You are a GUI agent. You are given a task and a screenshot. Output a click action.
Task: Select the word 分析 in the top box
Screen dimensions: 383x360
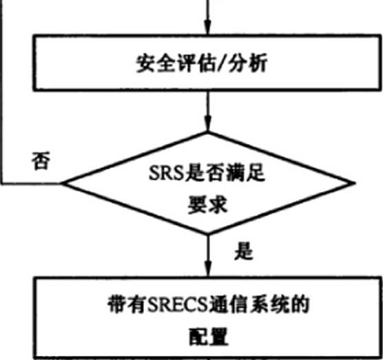[x=247, y=63]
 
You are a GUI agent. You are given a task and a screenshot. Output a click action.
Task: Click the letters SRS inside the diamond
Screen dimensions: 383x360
[x=167, y=173]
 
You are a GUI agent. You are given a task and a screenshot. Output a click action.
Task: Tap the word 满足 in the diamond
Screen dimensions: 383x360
[x=245, y=173]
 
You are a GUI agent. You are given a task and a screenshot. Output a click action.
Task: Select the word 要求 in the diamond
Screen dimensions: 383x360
[x=207, y=204]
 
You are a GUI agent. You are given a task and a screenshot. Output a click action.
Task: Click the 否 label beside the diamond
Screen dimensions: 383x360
[x=41, y=160]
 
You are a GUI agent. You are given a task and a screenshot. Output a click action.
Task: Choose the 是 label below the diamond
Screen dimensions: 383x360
[x=244, y=251]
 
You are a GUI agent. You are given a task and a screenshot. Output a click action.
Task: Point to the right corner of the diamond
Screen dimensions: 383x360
[x=354, y=183]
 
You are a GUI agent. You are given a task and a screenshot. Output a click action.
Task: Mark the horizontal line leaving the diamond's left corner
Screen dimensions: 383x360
[x=31, y=183]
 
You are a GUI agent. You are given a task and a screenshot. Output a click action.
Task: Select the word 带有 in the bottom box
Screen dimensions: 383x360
[x=127, y=305]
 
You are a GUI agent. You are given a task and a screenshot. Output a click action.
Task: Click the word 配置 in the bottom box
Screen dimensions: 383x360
[x=209, y=337]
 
